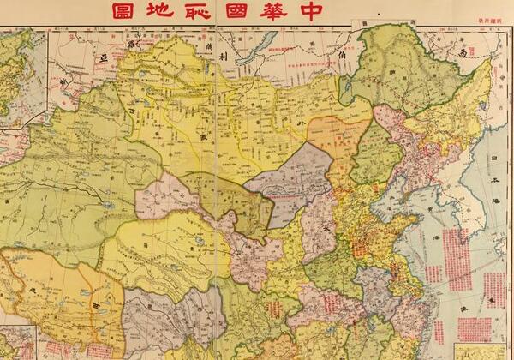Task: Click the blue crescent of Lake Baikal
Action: (x=260, y=48)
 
